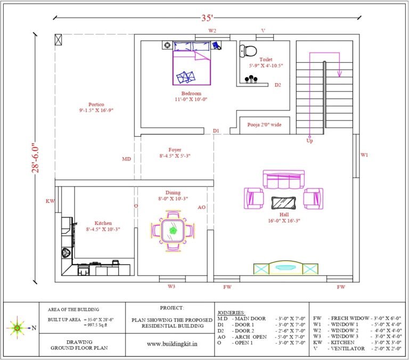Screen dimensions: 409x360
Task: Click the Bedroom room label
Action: pos(192,93)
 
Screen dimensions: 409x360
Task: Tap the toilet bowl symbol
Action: pos(248,51)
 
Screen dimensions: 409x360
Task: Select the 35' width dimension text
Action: pos(207,18)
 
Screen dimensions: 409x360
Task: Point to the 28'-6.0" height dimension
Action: pos(36,158)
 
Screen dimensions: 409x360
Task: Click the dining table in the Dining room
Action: pos(173,231)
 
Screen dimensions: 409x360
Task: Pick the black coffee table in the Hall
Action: pos(283,203)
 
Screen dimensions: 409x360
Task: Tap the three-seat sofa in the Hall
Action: pos(283,179)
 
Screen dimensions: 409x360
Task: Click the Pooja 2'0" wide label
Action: pos(264,125)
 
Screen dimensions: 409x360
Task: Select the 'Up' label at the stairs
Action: pos(309,141)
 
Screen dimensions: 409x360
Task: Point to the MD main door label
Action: pos(127,159)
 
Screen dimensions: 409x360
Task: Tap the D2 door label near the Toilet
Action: pos(278,85)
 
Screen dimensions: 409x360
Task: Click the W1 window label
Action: pos(364,155)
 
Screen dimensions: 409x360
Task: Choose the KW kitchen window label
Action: pos(51,201)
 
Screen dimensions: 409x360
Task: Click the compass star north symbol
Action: pos(17,328)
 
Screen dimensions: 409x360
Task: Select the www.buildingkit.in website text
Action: pos(172,344)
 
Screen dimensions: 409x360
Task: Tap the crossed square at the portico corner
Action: pos(59,39)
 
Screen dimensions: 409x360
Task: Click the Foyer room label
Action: pos(175,150)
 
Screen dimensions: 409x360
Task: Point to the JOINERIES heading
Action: pos(231,313)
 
